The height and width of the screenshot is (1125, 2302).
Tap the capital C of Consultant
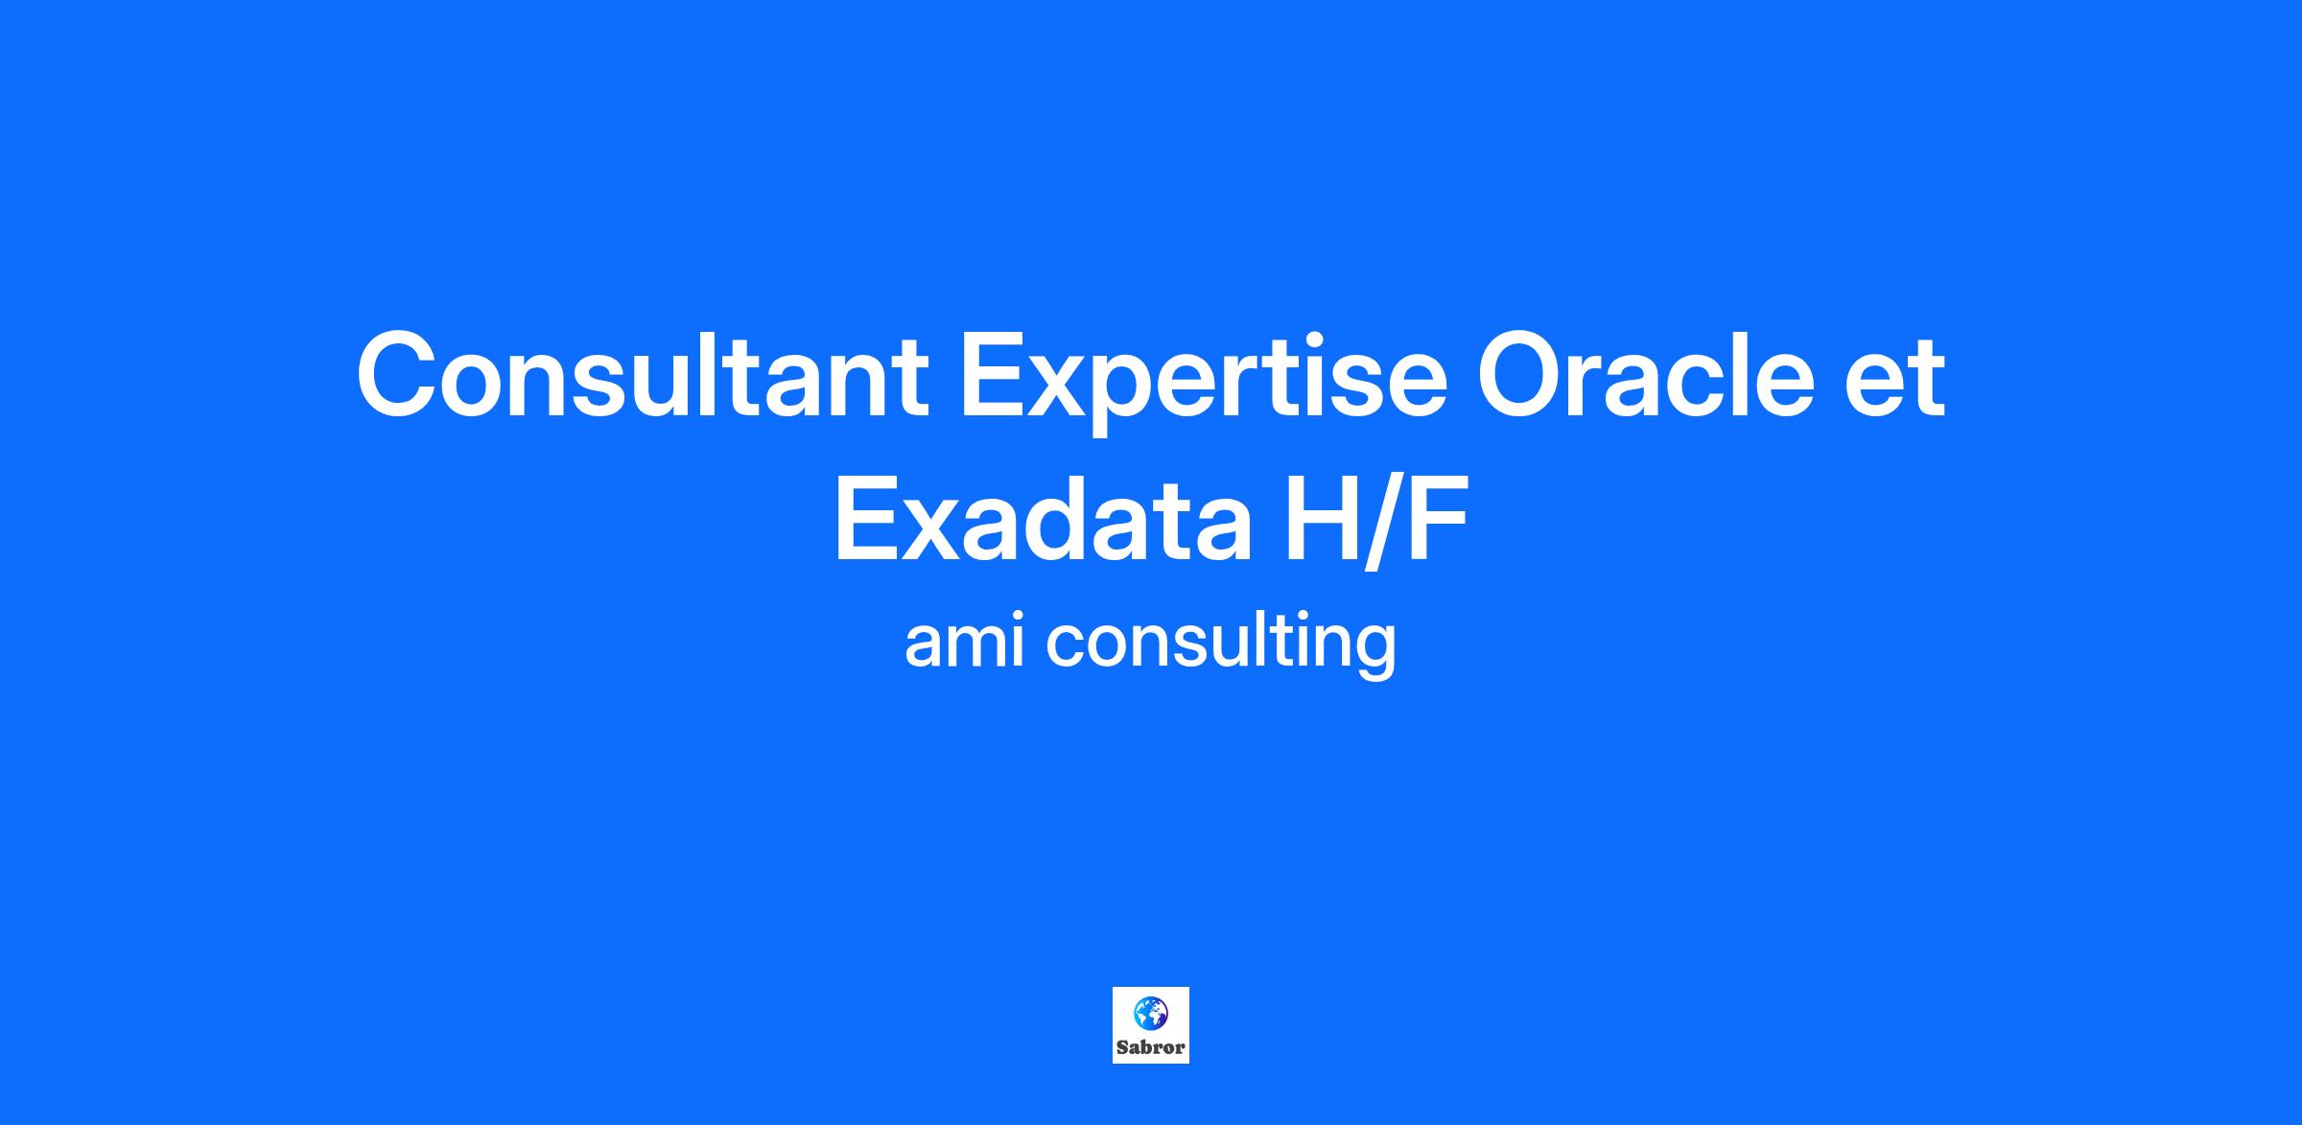pos(397,374)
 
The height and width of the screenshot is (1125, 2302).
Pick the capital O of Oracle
pos(1523,374)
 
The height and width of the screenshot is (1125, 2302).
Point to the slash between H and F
pos(1382,523)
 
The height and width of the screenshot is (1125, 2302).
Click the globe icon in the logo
pos(1151,1012)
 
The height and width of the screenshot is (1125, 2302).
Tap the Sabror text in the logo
pos(1151,1047)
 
